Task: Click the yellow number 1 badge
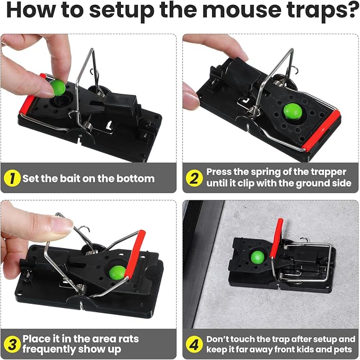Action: click(12, 178)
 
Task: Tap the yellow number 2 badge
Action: click(194, 178)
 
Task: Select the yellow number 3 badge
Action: click(12, 344)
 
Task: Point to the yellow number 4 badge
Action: click(194, 344)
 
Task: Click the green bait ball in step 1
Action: click(58, 88)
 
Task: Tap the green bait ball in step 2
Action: click(293, 111)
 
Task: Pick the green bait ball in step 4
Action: click(257, 257)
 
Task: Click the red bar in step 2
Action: click(321, 130)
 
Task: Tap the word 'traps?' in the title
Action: click(321, 10)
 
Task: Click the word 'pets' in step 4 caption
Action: click(343, 350)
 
